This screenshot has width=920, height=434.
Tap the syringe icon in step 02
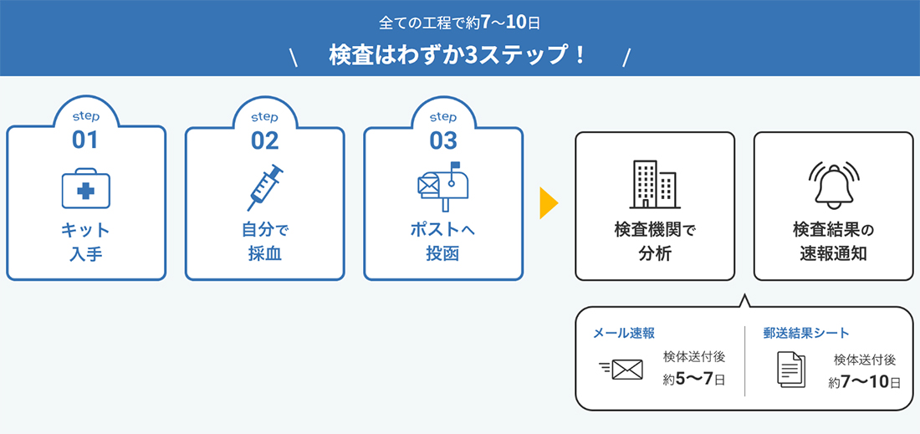click(264, 187)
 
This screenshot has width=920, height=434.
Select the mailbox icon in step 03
click(443, 186)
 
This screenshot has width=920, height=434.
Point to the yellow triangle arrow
click(549, 204)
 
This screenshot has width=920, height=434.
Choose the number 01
click(85, 140)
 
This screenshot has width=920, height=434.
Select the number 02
click(264, 140)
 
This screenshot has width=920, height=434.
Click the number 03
click(443, 140)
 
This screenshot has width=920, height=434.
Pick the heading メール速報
click(624, 333)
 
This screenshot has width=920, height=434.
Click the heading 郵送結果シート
click(806, 333)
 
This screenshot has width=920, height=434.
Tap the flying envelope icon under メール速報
click(621, 369)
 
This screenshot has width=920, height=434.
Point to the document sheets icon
click(791, 369)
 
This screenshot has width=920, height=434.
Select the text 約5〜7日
click(695, 379)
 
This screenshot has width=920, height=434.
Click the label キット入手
click(85, 243)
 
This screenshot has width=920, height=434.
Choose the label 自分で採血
click(264, 243)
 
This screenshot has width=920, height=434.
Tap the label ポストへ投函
click(443, 243)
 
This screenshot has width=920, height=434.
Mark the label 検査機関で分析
click(655, 243)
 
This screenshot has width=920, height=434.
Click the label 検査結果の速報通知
click(833, 243)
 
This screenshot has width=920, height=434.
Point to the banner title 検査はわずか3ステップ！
click(457, 56)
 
